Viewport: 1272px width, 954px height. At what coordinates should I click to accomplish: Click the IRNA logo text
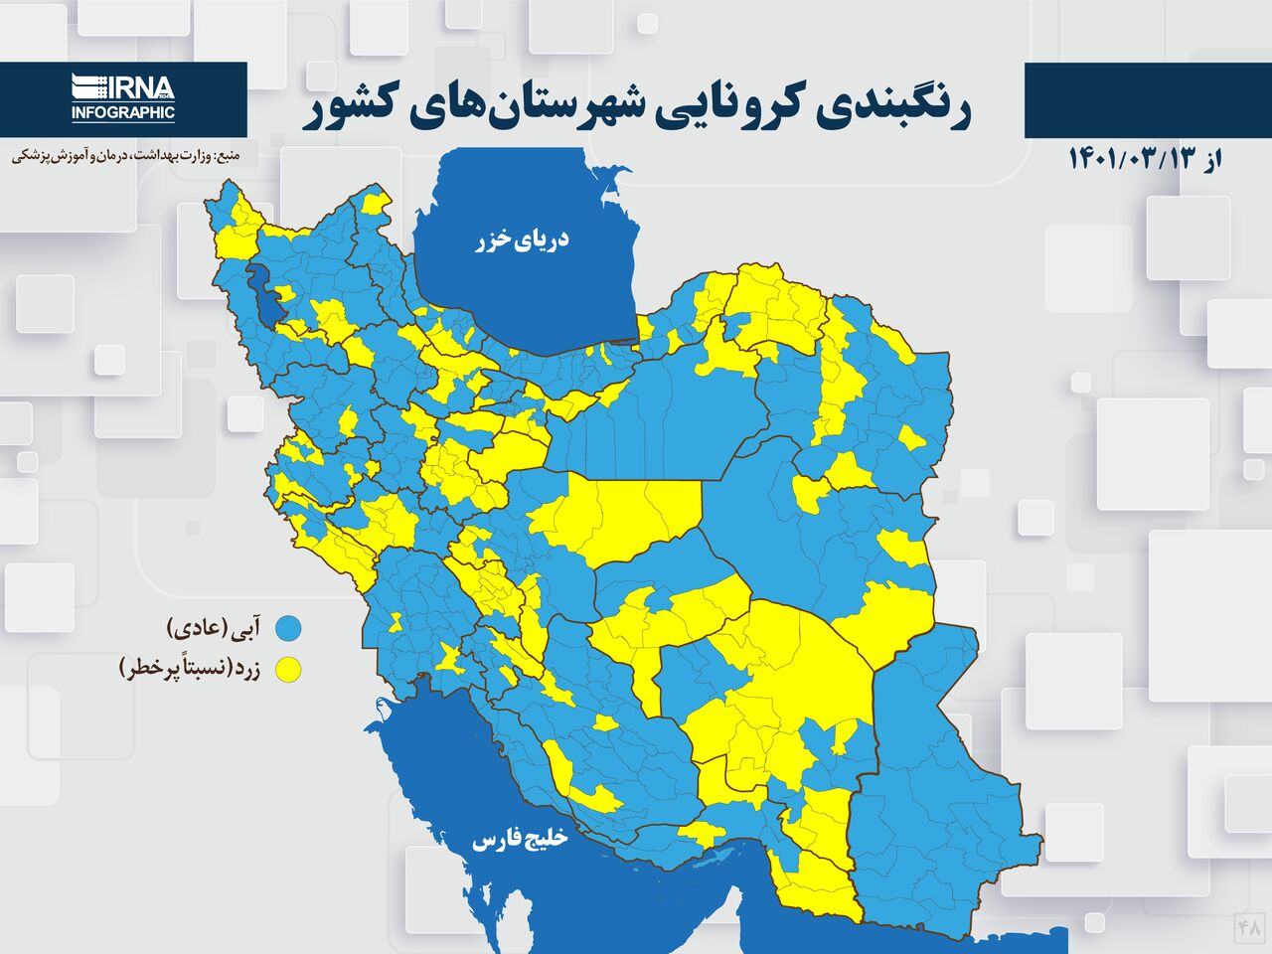(138, 87)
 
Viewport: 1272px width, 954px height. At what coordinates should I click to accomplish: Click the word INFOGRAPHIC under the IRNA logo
(122, 113)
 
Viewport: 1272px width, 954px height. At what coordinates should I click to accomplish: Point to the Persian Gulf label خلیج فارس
(519, 840)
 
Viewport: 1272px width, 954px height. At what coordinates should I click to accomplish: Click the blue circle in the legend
(289, 628)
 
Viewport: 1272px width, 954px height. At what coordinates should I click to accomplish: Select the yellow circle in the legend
(289, 670)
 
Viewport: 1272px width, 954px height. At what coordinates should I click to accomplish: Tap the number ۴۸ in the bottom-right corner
(1249, 927)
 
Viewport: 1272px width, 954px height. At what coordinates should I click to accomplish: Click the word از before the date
(1209, 159)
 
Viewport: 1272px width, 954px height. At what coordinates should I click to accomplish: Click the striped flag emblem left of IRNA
(88, 87)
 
